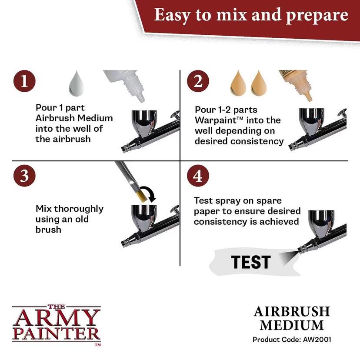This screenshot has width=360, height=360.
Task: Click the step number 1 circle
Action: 24,82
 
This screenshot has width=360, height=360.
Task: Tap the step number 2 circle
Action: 198,82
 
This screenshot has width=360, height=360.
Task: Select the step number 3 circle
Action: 24,176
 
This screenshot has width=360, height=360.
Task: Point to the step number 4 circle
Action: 198,176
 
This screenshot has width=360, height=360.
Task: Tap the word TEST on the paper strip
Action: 251,262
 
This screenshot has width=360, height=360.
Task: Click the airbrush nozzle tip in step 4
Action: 300,249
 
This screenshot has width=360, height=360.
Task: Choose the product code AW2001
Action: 321,339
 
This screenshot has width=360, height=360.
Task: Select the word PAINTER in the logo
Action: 56,334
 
